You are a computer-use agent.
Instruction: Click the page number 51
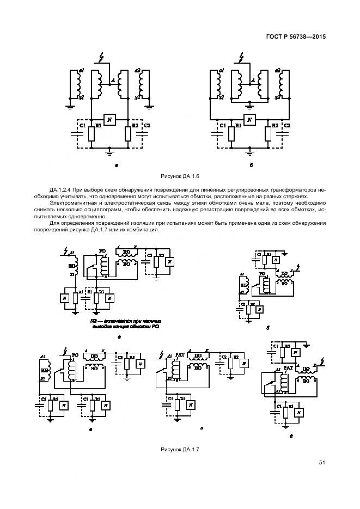coord(322,463)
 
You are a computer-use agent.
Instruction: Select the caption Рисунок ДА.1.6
coord(180,177)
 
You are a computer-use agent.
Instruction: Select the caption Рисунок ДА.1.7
coord(180,450)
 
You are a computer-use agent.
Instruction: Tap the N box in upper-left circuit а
coord(109,120)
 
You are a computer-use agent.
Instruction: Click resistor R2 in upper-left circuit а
coord(128,133)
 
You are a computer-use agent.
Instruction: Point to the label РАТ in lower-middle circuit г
coord(181,354)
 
